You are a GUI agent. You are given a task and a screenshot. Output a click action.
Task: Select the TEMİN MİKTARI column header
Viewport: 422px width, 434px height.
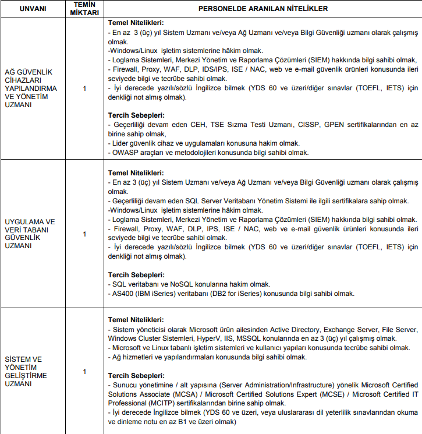coord(84,9)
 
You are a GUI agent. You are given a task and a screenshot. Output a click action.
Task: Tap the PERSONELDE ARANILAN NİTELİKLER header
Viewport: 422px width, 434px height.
coord(263,9)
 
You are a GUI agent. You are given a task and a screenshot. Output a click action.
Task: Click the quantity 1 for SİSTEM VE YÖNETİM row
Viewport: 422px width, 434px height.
coord(84,371)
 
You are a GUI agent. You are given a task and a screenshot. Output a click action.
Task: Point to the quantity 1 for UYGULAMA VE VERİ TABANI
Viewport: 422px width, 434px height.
coord(84,234)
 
